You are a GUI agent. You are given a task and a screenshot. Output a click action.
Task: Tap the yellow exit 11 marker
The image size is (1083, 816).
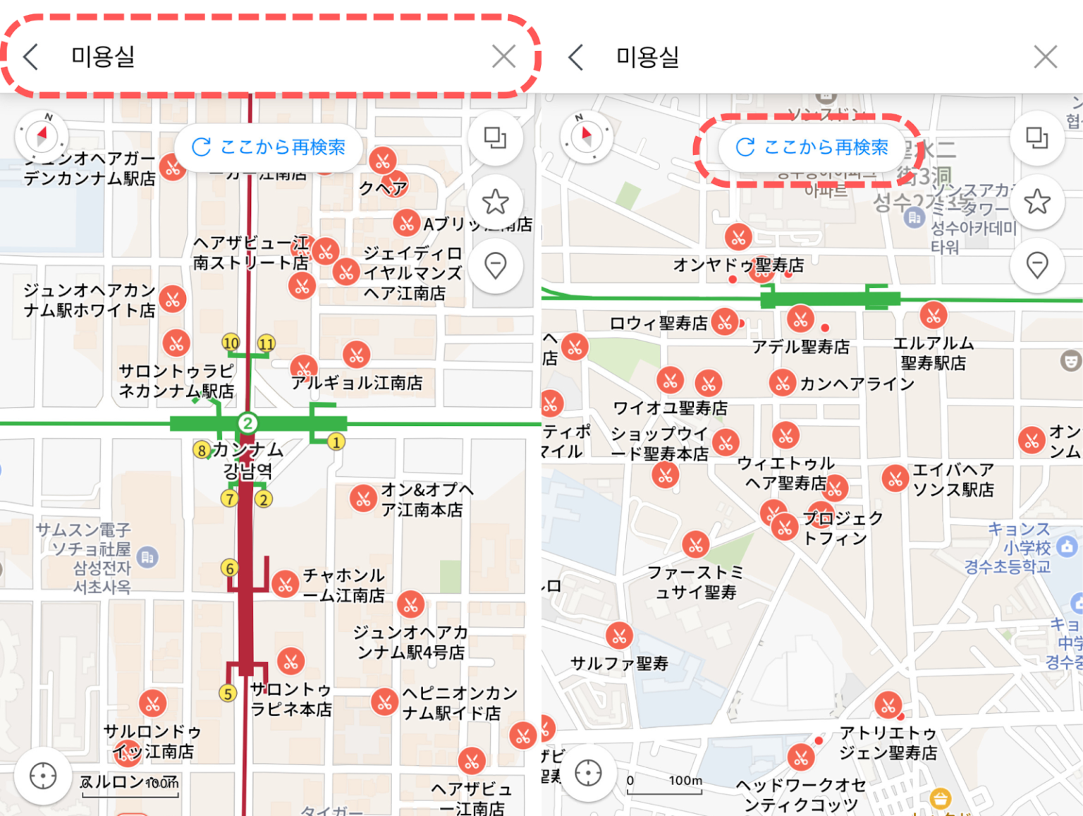point(266,343)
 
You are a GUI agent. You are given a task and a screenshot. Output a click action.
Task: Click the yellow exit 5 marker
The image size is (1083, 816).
point(227,693)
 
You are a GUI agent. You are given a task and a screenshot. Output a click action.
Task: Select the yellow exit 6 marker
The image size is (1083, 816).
point(229,568)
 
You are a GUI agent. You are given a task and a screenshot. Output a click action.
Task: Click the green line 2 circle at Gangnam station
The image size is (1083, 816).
point(247,423)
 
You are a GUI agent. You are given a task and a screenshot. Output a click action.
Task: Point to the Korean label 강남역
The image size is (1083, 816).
point(247,470)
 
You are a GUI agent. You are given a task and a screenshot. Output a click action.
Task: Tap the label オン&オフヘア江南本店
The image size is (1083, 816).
point(422,499)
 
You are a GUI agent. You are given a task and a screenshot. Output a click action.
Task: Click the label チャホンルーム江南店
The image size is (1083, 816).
point(343,585)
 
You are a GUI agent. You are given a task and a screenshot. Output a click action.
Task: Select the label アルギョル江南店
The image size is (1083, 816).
point(357,383)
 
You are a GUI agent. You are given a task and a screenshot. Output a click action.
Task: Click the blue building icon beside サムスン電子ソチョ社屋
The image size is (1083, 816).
point(147,557)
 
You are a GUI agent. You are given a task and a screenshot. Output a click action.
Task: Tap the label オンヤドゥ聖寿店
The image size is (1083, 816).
point(738,265)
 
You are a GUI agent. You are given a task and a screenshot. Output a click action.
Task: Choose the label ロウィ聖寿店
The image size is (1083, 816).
point(659,323)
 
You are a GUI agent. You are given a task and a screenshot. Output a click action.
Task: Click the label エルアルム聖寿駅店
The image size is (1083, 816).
point(934,353)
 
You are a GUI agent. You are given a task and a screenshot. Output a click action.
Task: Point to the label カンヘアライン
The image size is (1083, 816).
point(857,384)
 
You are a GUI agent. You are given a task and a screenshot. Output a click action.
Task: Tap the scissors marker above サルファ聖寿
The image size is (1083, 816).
point(619,635)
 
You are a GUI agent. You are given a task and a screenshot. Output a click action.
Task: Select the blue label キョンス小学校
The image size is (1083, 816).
point(1019,538)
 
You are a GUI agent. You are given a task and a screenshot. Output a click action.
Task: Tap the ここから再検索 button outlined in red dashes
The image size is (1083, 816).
point(812,147)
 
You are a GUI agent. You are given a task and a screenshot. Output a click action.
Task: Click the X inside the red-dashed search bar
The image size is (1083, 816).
point(503,56)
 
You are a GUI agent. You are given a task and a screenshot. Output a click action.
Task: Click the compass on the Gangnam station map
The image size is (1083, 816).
point(42,135)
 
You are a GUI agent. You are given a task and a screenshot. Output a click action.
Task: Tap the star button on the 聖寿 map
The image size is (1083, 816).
point(1036,202)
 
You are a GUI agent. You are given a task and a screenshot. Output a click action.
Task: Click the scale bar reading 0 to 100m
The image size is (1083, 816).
point(665,784)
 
